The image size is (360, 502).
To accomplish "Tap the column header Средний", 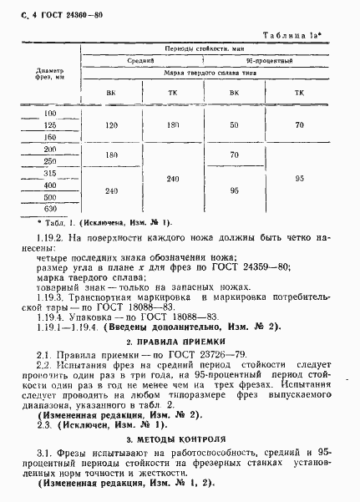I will (139, 62).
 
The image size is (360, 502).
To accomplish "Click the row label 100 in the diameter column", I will (50, 113).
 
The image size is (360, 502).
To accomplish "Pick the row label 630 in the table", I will (50, 208).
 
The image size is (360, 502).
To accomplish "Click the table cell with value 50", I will (234, 124).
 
